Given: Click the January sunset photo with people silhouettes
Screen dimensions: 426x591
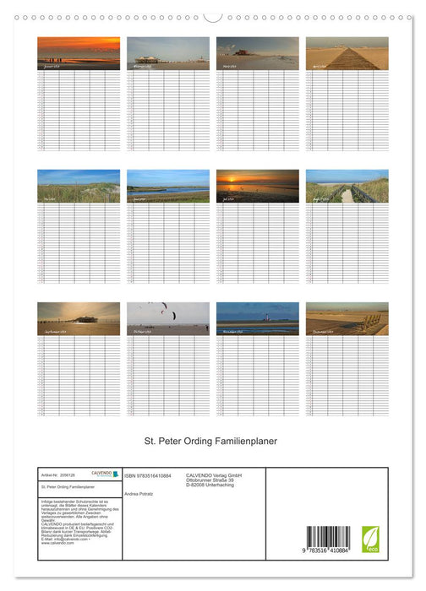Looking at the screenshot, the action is (x=79, y=52).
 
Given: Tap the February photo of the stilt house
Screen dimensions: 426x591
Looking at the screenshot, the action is (x=168, y=52).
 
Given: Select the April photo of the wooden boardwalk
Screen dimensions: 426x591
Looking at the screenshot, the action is (x=347, y=52).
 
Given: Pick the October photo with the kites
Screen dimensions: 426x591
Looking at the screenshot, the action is (x=168, y=318).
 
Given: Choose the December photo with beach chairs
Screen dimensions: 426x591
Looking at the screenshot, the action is (x=347, y=318).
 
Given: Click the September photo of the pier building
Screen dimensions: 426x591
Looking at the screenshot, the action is (x=79, y=319).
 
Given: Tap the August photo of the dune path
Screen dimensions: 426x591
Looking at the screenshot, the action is (x=347, y=186).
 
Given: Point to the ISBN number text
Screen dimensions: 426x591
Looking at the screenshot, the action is (x=148, y=475).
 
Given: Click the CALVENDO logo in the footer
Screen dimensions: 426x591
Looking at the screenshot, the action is (x=104, y=474).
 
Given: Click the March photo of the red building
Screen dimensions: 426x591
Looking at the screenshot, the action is (x=258, y=52).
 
